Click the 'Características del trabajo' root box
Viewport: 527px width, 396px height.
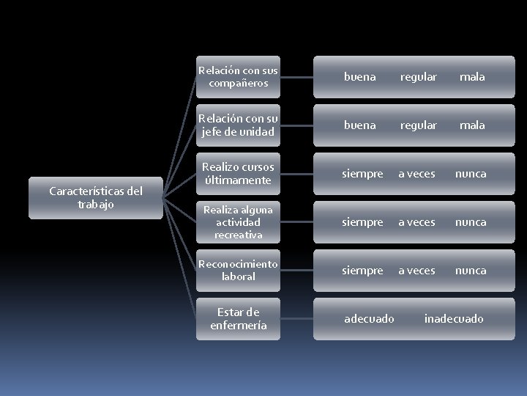(x=96, y=198)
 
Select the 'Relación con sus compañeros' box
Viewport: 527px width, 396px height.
(x=238, y=77)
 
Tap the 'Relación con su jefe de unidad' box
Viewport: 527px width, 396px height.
(x=238, y=125)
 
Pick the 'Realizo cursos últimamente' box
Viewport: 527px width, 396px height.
(x=238, y=174)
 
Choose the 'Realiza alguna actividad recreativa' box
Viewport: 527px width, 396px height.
(x=238, y=222)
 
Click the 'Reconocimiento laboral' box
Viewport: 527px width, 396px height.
(x=238, y=271)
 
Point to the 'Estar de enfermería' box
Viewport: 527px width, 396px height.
(x=238, y=319)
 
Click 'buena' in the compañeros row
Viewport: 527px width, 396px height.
(x=359, y=77)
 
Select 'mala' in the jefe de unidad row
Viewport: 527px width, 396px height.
(x=472, y=125)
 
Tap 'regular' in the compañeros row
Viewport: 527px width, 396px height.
(x=419, y=78)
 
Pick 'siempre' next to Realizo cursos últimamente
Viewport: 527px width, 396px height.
(x=362, y=175)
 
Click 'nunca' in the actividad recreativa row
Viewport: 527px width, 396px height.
(x=471, y=223)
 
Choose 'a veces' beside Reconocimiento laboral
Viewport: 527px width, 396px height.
(x=416, y=271)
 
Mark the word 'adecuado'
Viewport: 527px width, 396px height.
(x=369, y=318)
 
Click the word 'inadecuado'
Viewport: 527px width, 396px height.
(x=454, y=318)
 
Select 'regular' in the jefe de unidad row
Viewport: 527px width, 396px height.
(x=419, y=126)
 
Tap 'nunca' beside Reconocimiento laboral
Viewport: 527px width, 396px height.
(x=471, y=271)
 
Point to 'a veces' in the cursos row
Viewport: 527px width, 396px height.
(x=416, y=174)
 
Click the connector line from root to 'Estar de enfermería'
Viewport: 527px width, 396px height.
(x=180, y=258)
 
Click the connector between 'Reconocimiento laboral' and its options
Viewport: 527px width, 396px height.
(x=296, y=271)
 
